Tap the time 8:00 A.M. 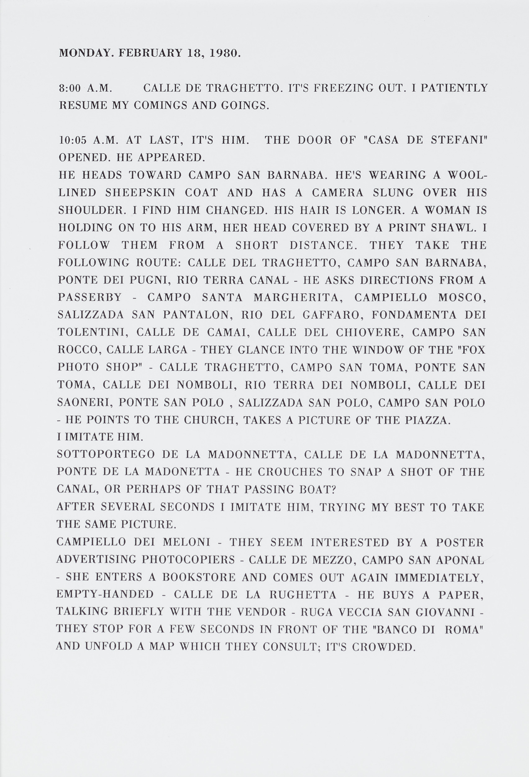click(x=85, y=88)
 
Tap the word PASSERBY click(x=89, y=297)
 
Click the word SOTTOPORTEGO click(x=106, y=455)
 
